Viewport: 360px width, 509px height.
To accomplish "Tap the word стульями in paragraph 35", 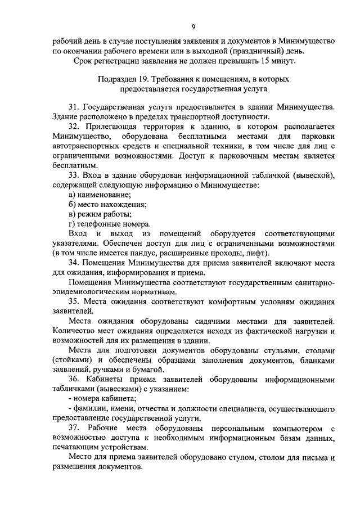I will (x=267, y=350).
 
